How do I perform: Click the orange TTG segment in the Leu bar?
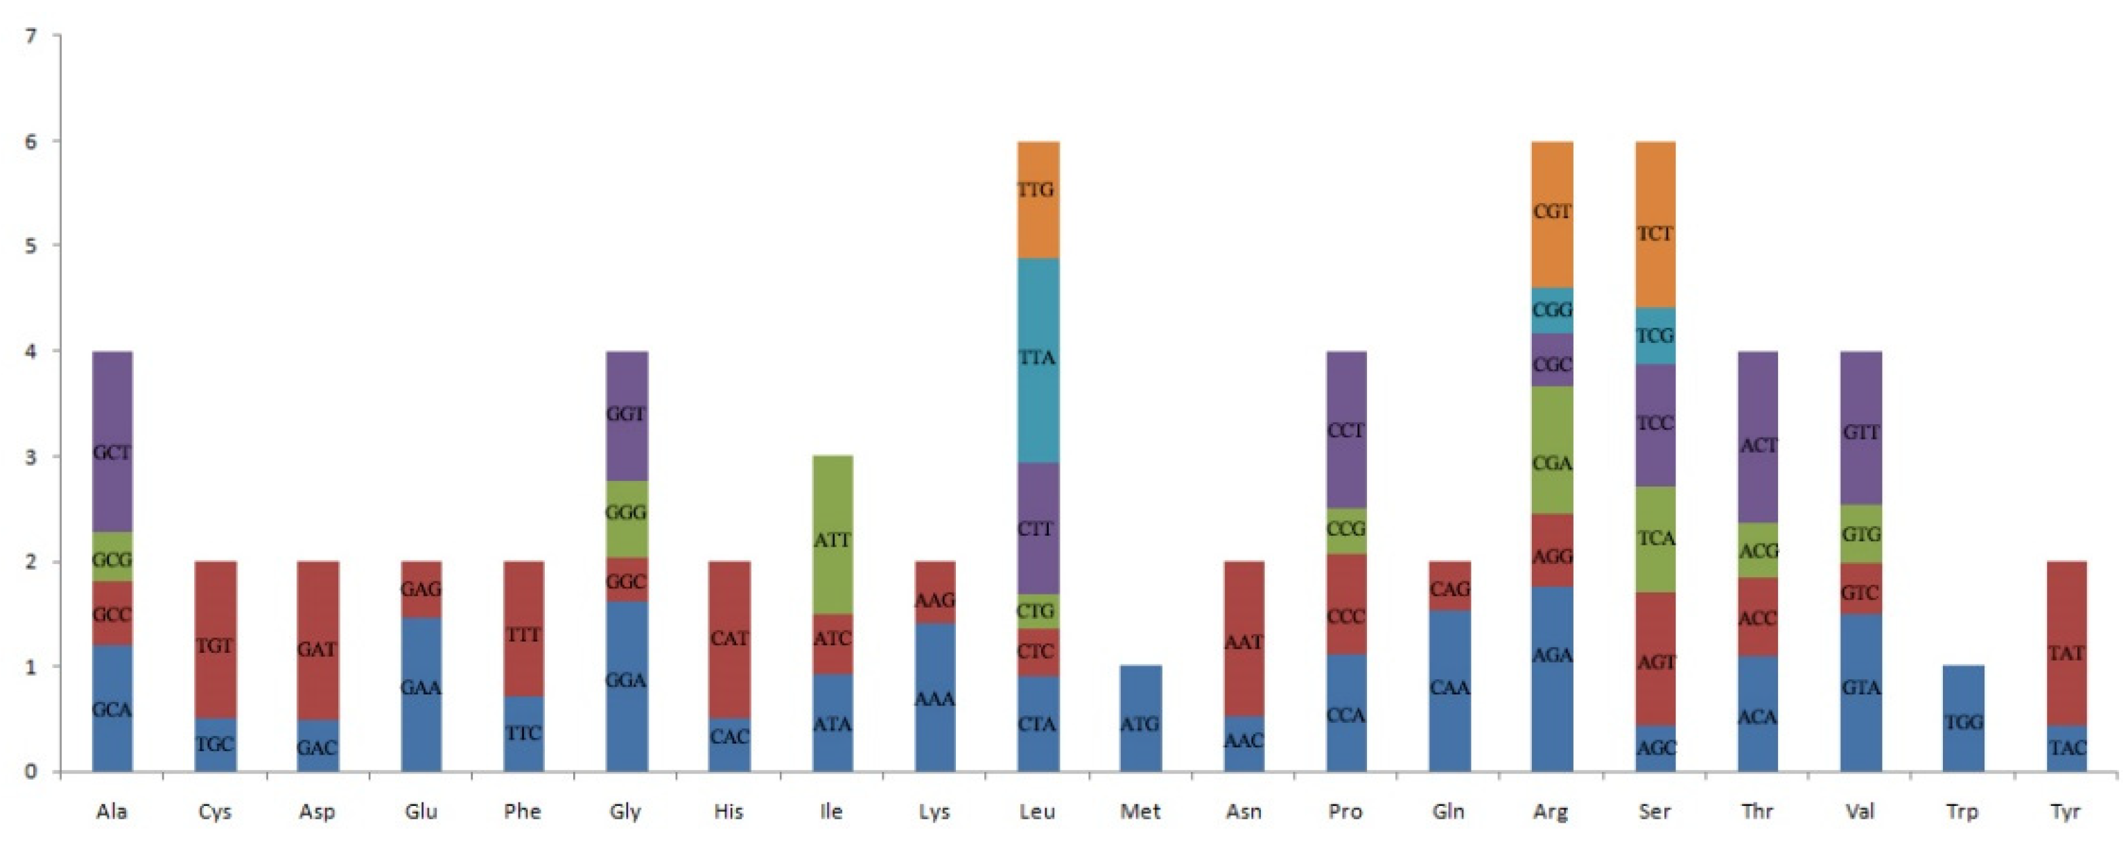coord(1038,198)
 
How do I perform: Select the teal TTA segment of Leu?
coord(1038,360)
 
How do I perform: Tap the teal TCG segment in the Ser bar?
coord(1655,335)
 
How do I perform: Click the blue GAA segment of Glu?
coord(421,694)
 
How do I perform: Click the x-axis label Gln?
coord(1448,812)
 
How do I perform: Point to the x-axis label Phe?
coord(523,812)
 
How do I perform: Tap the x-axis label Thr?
coord(1757,812)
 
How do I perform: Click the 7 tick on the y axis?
coord(31,36)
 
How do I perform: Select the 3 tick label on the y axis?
coord(31,457)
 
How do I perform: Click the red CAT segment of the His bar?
coord(729,638)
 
